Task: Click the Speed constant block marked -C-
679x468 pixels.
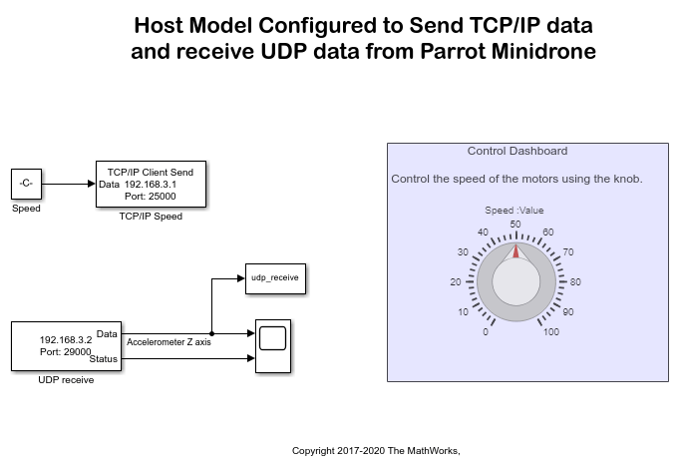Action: click(26, 185)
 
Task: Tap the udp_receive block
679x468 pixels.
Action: click(274, 279)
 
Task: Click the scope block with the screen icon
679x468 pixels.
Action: click(272, 346)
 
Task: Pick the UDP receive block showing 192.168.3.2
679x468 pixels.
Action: click(66, 346)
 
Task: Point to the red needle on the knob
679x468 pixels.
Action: click(516, 250)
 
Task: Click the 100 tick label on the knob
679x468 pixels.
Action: click(550, 331)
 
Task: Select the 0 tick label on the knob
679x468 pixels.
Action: click(486, 331)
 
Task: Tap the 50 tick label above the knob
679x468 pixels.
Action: click(516, 224)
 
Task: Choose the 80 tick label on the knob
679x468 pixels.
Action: click(575, 281)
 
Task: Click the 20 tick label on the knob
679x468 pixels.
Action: click(457, 281)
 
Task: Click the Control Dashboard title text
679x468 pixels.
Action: click(516, 151)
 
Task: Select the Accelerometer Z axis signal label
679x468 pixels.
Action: click(170, 342)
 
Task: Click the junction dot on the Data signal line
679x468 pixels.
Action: click(212, 333)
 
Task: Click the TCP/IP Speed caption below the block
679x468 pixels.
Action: click(151, 216)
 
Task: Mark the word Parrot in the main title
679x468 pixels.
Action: click(455, 51)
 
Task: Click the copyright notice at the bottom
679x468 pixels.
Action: click(376, 451)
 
